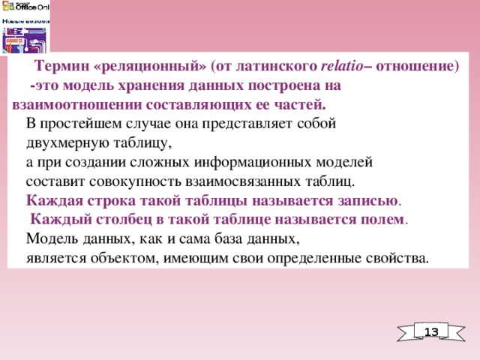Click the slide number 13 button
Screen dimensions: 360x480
[431, 332]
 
